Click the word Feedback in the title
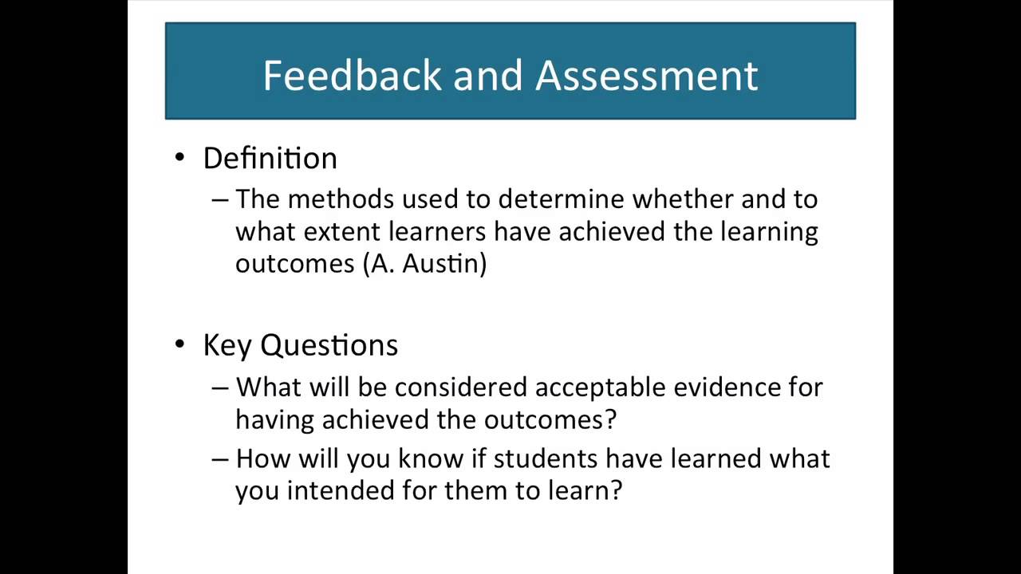[352, 75]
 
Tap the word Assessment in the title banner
[646, 75]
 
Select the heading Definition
[270, 158]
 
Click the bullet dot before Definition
[179, 158]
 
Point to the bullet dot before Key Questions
[179, 344]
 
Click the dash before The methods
[220, 199]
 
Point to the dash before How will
[220, 459]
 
